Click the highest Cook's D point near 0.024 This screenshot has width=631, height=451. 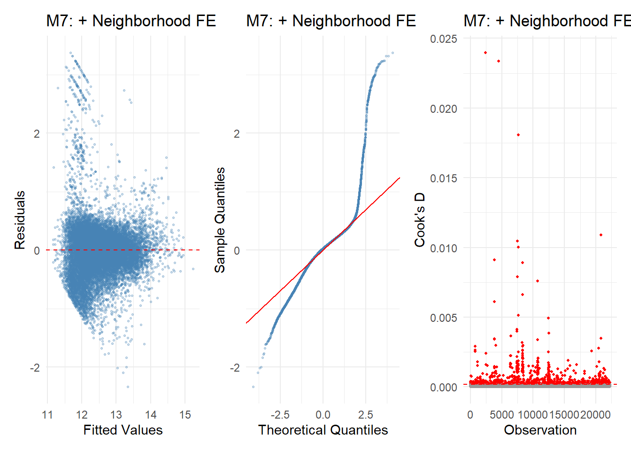(x=485, y=53)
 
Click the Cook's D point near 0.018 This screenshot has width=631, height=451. (x=518, y=135)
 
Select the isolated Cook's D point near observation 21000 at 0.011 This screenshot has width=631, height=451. (x=601, y=235)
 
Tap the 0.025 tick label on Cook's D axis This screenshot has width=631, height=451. (x=443, y=39)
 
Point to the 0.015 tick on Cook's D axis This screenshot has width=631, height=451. (x=443, y=178)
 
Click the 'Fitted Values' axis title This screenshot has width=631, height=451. (x=123, y=430)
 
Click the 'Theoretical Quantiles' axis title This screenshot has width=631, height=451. (x=323, y=430)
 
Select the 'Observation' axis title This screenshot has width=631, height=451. (x=540, y=430)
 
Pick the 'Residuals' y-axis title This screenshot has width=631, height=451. (x=20, y=220)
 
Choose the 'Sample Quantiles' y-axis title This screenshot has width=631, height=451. (x=220, y=220)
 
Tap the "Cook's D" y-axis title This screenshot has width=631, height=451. (x=419, y=220)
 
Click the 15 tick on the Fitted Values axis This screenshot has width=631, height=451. (x=185, y=415)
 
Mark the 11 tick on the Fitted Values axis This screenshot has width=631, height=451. (x=47, y=415)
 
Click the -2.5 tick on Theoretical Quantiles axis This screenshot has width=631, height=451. (x=280, y=415)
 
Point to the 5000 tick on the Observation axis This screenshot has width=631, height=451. (x=502, y=415)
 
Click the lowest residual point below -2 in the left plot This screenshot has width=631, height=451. (x=128, y=387)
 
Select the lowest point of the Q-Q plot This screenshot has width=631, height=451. (x=253, y=387)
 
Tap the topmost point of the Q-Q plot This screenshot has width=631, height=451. (x=392, y=53)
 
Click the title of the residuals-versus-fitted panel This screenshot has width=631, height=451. (x=131, y=21)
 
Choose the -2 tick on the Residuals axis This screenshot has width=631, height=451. (x=35, y=367)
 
